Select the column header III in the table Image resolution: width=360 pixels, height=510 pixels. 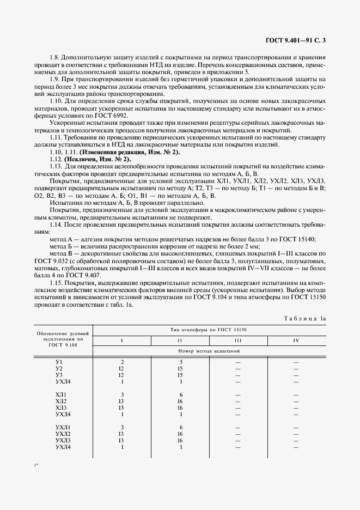pyautogui.click(x=237, y=341)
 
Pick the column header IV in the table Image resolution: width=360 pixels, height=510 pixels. pyautogui.click(x=295, y=341)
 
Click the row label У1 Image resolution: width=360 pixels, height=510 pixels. pyautogui.click(x=59, y=362)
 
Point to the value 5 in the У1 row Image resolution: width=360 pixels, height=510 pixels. pyautogui.click(x=180, y=362)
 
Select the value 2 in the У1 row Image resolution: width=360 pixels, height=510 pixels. pyautogui.click(x=122, y=362)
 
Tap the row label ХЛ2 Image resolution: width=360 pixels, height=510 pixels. pyautogui.click(x=60, y=400)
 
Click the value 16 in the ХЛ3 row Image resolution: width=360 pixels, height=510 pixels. pyautogui.click(x=180, y=408)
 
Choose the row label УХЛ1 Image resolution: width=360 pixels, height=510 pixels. pyautogui.click(x=63, y=427)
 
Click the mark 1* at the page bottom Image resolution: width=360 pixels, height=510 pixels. pyautogui.click(x=36, y=465)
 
